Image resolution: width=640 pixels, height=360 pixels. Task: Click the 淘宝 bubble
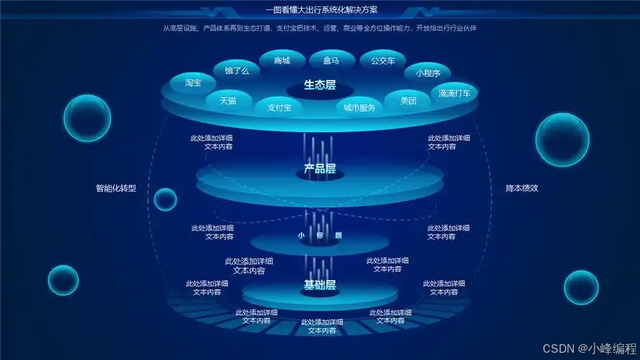[x=192, y=83]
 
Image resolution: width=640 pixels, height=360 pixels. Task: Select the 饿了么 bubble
[x=237, y=71]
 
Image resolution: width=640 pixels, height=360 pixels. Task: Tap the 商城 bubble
[x=282, y=61]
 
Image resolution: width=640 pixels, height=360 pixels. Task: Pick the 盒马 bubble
[x=331, y=61]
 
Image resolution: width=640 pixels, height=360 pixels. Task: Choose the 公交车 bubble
[x=383, y=61]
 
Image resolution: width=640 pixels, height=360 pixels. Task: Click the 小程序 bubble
[x=433, y=72]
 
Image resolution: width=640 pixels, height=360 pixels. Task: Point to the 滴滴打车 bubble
[x=454, y=93]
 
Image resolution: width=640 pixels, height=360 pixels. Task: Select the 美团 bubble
[x=409, y=101]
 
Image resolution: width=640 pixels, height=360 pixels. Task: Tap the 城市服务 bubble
[x=359, y=108]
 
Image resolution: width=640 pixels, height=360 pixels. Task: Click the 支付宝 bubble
[x=279, y=108]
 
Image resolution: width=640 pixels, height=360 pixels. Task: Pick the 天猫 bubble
[x=228, y=101]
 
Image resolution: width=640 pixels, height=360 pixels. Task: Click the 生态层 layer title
[x=320, y=86]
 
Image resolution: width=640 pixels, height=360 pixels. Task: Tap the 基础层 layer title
[x=320, y=285]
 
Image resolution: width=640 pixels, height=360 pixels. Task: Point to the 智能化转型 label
[x=116, y=189]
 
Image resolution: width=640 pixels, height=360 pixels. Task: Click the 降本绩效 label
[x=522, y=189]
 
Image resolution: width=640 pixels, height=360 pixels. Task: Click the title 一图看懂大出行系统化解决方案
[x=321, y=11]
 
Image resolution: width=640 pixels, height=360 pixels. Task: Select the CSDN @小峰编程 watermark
[x=587, y=348]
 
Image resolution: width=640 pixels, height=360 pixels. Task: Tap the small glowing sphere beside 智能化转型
[x=165, y=199]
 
